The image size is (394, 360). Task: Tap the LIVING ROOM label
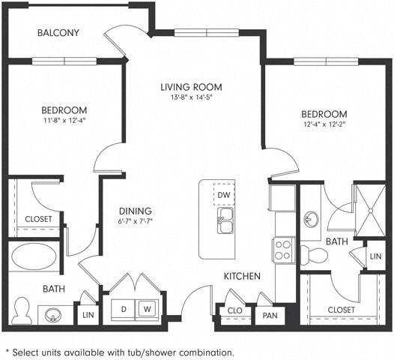191,87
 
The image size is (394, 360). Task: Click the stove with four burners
283,250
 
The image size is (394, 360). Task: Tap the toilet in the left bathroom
21,310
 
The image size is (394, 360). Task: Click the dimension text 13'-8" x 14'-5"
191,98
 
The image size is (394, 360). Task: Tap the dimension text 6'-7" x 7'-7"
135,222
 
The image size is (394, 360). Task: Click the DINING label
135,211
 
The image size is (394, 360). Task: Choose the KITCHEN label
241,277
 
